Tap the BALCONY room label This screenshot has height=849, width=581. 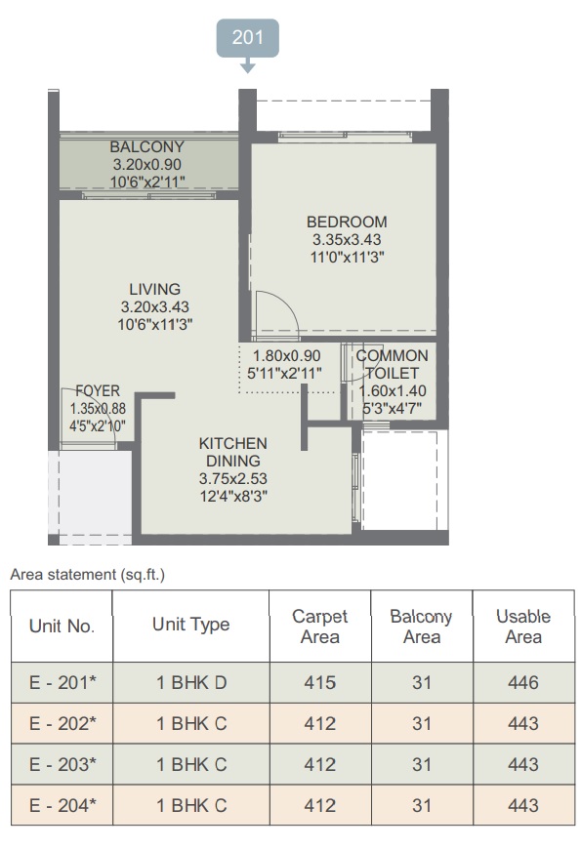tap(146, 146)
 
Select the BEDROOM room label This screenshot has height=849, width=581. tap(347, 222)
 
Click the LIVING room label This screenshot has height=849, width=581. tap(155, 289)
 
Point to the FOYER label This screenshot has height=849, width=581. tap(98, 391)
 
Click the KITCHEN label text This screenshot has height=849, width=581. tap(233, 443)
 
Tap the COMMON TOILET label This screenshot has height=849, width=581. tap(392, 364)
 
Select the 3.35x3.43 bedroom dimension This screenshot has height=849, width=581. tap(347, 239)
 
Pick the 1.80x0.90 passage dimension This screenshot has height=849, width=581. tap(287, 356)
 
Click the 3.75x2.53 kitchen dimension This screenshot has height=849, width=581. tap(233, 478)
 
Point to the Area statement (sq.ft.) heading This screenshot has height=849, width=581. tap(87, 575)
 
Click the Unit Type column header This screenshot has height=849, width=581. tap(190, 625)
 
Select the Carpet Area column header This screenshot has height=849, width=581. tap(319, 627)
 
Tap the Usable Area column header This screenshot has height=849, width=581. tap(523, 627)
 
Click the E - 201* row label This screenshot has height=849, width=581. tap(62, 682)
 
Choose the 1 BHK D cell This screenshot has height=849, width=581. tap(191, 682)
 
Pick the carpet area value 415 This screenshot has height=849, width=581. tap(319, 682)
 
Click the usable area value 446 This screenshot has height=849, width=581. tap(523, 682)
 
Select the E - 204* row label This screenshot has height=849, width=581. tap(62, 805)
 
